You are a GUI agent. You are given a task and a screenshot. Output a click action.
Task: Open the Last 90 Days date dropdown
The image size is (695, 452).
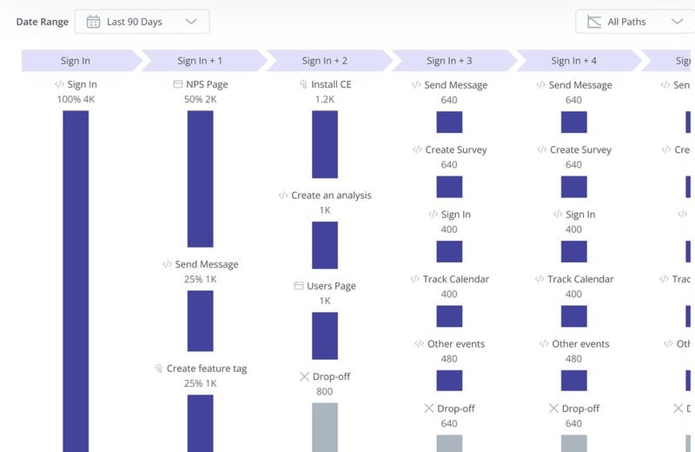(x=142, y=22)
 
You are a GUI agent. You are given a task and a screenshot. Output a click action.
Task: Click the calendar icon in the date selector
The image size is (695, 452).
(x=93, y=22)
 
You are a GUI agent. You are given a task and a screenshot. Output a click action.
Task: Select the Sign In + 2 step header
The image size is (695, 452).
(x=324, y=61)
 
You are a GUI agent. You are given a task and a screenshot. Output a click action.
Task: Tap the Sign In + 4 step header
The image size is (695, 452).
(x=573, y=61)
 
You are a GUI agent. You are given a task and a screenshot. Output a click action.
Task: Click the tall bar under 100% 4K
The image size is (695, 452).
(x=76, y=278)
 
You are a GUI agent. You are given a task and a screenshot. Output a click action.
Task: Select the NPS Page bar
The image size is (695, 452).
(x=200, y=178)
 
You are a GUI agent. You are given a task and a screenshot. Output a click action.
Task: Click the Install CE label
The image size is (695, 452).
(x=330, y=85)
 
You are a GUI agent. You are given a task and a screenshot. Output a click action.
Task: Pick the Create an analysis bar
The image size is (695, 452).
(x=325, y=245)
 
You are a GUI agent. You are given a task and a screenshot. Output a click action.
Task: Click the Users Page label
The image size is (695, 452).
(x=331, y=286)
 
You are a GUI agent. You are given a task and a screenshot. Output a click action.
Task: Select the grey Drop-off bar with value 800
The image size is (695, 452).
(x=325, y=426)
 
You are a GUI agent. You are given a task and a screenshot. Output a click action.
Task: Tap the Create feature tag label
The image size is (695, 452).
(x=206, y=369)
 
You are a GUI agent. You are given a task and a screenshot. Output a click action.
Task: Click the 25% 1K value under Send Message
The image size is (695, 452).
(x=200, y=279)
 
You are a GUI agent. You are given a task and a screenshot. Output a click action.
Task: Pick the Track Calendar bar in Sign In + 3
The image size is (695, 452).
(x=449, y=316)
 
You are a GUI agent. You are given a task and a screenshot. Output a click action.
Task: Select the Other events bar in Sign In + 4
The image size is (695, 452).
(x=573, y=381)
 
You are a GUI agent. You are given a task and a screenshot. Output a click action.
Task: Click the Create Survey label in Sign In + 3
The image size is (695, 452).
(x=455, y=150)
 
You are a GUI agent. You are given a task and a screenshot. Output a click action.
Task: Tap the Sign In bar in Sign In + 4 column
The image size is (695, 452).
(x=573, y=252)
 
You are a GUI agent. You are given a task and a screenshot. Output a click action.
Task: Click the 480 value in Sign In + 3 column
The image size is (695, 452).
(x=449, y=358)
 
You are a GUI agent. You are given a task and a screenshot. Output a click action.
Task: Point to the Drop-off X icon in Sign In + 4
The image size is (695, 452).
(x=553, y=409)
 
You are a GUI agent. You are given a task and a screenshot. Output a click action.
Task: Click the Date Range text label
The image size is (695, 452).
(x=42, y=22)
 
